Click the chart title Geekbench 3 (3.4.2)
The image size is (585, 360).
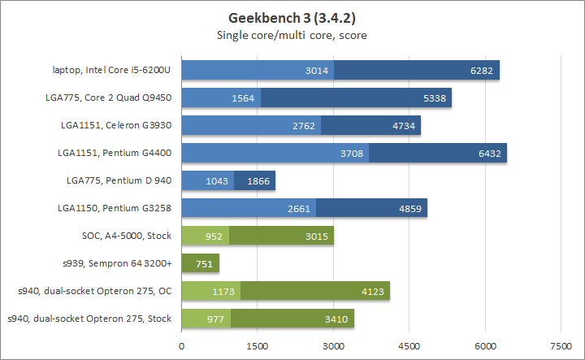click(x=292, y=18)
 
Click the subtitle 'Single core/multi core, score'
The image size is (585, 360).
click(x=292, y=35)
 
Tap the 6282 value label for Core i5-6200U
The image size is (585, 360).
click(x=481, y=71)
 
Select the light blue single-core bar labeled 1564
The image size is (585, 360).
click(x=219, y=98)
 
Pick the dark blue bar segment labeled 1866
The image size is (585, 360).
click(x=255, y=181)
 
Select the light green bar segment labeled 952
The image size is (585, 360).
click(x=206, y=236)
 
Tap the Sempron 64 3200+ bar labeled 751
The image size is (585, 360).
click(x=200, y=263)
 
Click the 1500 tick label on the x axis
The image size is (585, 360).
click(x=258, y=345)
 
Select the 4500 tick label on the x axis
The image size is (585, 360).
click(x=409, y=345)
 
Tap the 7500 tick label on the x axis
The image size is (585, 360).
click(x=561, y=345)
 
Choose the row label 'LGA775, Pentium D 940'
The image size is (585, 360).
click(x=121, y=181)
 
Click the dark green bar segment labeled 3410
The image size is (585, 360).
click(x=292, y=319)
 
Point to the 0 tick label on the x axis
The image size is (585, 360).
click(x=182, y=345)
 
